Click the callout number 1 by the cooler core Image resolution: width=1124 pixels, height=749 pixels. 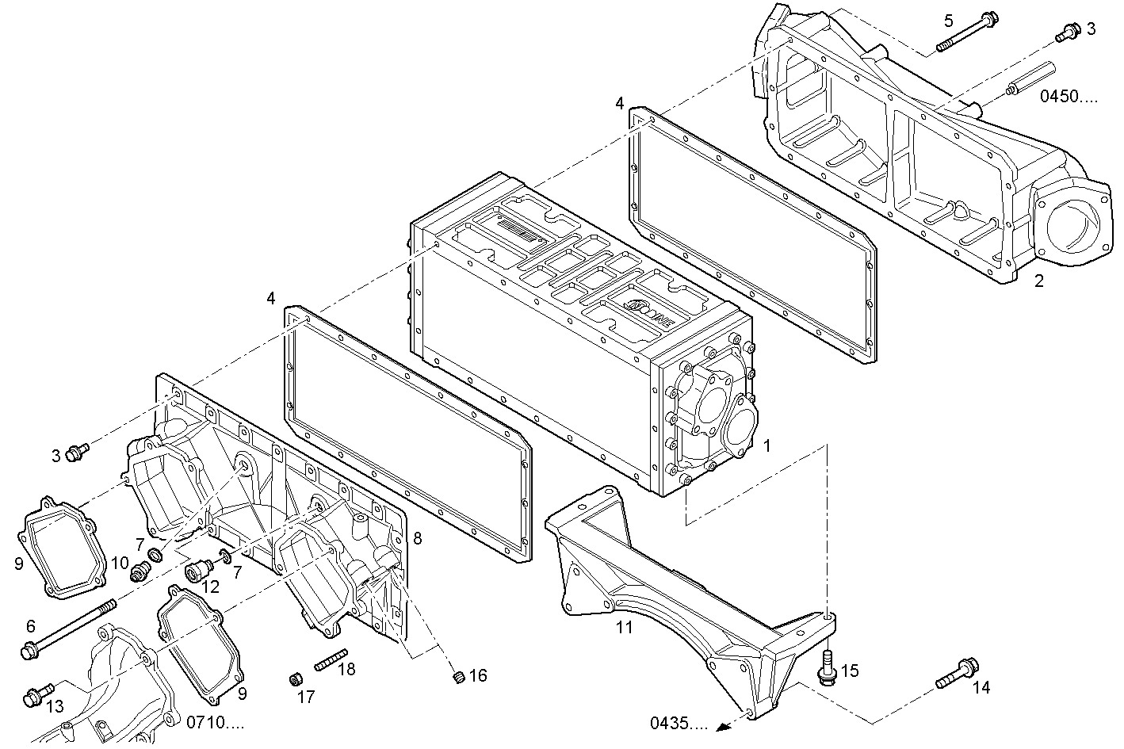[x=767, y=446]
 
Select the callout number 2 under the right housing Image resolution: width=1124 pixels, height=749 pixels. [x=1038, y=281]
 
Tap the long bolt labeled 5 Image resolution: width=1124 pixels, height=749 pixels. [x=966, y=32]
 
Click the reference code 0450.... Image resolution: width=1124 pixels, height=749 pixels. [x=1069, y=97]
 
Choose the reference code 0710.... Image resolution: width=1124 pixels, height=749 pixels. [x=215, y=722]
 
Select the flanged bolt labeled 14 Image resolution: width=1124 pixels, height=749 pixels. [x=958, y=673]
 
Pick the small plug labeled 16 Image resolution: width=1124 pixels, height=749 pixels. [x=457, y=676]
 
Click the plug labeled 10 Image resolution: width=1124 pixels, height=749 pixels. [x=141, y=568]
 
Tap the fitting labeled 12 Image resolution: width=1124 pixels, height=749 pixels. [x=197, y=569]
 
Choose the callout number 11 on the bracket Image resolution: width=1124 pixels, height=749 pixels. [x=625, y=629]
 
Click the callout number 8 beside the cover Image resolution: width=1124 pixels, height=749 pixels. [x=418, y=538]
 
